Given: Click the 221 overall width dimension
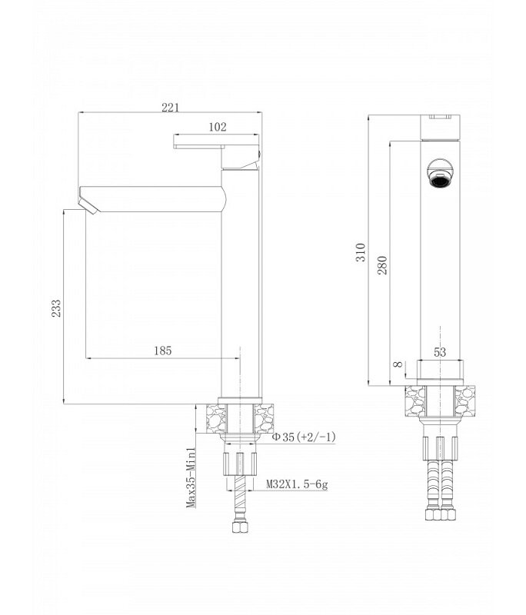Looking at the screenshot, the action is tap(170, 107).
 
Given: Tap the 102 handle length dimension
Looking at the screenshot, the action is tap(218, 127).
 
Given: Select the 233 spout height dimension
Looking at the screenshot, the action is tap(56, 308).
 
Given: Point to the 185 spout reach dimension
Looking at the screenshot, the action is tap(163, 351).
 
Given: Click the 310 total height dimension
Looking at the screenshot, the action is tap(361, 252).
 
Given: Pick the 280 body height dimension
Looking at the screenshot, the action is tap(382, 265).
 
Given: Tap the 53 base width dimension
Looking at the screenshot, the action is tap(440, 352).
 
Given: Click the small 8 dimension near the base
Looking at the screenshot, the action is tap(398, 364).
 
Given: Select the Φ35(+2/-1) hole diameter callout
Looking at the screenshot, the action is tap(304, 437).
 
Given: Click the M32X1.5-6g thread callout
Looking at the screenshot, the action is tap(297, 484).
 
